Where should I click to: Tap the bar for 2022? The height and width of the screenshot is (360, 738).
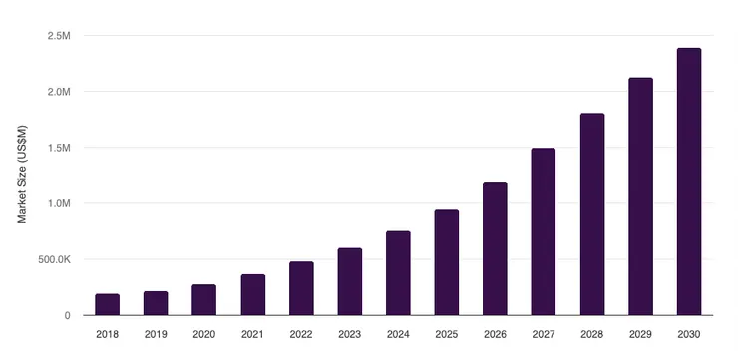[x=301, y=288]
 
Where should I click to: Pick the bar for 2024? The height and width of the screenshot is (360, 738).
[x=398, y=273]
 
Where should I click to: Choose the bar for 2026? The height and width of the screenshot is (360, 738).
[x=495, y=249]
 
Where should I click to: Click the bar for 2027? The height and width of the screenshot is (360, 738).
[x=543, y=231]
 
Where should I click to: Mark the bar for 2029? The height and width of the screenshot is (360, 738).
[x=640, y=196]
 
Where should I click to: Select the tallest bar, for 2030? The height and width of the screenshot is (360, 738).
[x=688, y=181]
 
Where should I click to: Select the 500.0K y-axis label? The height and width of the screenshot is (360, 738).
[x=53, y=259]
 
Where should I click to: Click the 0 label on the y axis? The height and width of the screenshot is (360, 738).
[x=67, y=315]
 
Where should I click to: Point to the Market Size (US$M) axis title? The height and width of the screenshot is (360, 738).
[x=23, y=175]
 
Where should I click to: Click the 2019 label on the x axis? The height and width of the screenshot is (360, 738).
[x=156, y=334]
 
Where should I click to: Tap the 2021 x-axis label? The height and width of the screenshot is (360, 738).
[x=252, y=334]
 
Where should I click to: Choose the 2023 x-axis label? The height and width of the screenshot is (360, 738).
[x=349, y=334]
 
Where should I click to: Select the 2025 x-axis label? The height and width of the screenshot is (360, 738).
[x=446, y=334]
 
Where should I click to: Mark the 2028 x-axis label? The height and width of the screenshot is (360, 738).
[x=591, y=334]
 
